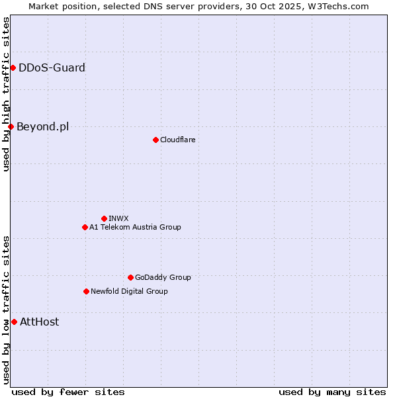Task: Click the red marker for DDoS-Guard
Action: point(13,67)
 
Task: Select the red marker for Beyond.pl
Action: point(11,126)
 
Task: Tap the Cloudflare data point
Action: point(155,140)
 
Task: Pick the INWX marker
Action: point(104,218)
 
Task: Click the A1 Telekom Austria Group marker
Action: point(85,227)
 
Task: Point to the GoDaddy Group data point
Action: point(130,277)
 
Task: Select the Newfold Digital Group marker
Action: point(86,291)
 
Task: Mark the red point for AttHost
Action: point(14,322)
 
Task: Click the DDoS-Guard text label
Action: point(52,67)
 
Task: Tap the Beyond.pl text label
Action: point(42,126)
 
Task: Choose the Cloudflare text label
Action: point(177,140)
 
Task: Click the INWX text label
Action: point(118,218)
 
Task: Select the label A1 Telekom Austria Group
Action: point(135,227)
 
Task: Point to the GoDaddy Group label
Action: point(163,277)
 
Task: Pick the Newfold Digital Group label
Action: point(129,291)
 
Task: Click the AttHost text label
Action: point(39,322)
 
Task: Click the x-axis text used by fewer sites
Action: point(68,392)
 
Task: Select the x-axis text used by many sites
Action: point(332,392)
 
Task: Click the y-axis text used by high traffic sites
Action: point(6,94)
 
